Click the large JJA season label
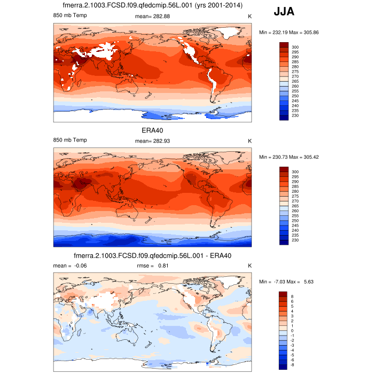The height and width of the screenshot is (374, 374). click(284, 12)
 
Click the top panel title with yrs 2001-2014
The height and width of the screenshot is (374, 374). click(152, 6)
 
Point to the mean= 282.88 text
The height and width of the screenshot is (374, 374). click(153, 17)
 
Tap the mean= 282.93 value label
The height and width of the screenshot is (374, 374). click(153, 140)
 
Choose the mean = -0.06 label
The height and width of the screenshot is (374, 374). click(69, 266)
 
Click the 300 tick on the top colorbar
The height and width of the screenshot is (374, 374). click(295, 48)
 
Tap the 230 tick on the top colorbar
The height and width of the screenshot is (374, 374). click(295, 116)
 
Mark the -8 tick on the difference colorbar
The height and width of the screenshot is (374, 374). click(293, 365)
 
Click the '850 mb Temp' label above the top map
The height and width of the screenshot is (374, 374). click(70, 17)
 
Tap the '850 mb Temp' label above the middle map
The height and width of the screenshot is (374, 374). click(70, 140)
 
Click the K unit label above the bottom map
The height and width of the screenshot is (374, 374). click(250, 266)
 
